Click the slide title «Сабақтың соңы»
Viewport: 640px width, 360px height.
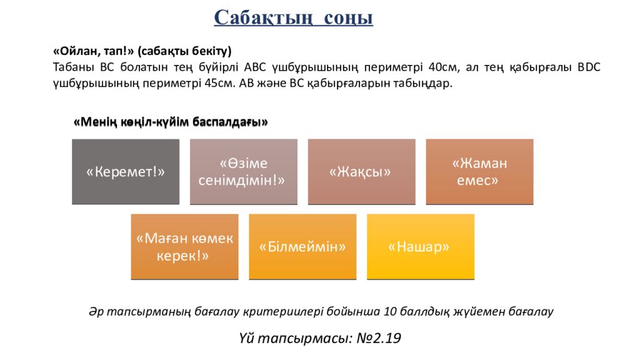coord(293,18)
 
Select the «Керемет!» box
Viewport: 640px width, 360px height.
coord(126,172)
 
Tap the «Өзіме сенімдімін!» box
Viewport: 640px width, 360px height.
coord(243,172)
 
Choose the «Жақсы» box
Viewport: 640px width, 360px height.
coord(361,172)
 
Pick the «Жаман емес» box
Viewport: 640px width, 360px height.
coord(479,172)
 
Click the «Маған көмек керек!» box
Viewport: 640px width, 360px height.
coord(184,247)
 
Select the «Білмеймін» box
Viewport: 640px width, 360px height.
coord(302,247)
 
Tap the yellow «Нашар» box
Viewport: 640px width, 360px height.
coord(420,247)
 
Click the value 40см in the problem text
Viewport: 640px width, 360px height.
coord(442,67)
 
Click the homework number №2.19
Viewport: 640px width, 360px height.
coord(379,339)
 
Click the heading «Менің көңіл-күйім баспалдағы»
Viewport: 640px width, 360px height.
coord(171,122)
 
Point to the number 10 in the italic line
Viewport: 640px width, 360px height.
coord(391,311)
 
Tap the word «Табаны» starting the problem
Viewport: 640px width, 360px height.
coord(71,67)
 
